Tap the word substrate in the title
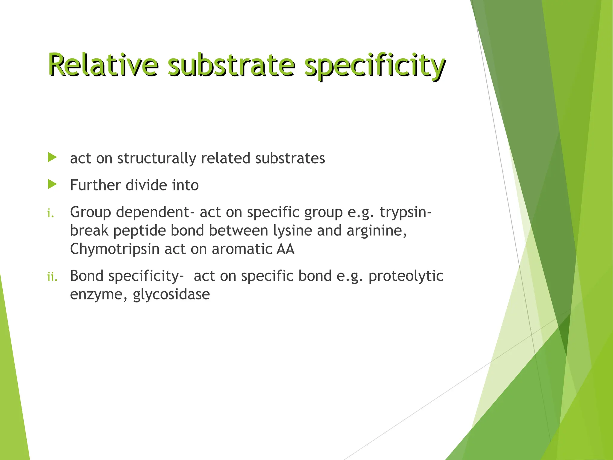[x=231, y=64]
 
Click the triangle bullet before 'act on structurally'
[x=52, y=157]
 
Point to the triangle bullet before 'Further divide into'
[x=52, y=184]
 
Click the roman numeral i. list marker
[x=51, y=213]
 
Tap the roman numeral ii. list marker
[x=52, y=277]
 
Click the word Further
[x=95, y=185]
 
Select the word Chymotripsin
[x=115, y=249]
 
